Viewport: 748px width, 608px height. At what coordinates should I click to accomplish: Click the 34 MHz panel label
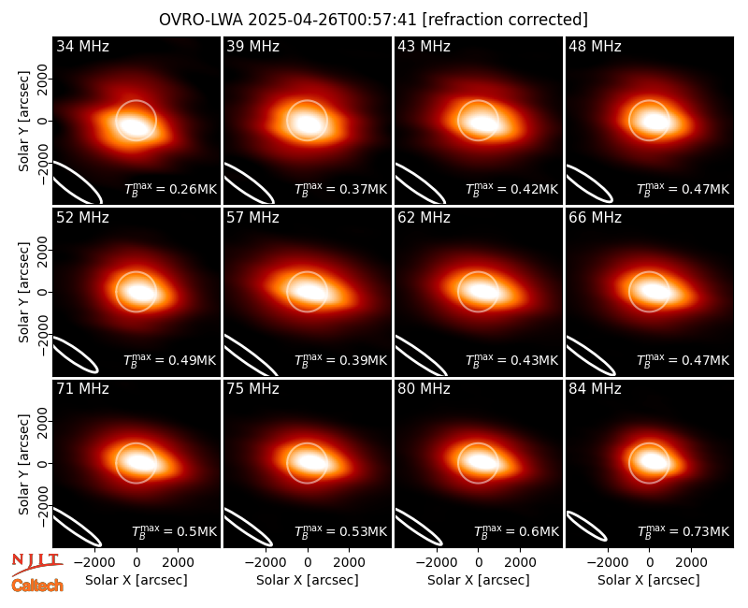point(82,46)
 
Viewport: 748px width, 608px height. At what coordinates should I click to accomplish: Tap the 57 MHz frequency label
point(252,218)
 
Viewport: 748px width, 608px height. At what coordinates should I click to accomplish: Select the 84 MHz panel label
point(595,389)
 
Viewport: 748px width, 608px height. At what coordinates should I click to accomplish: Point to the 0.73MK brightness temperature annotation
point(683,530)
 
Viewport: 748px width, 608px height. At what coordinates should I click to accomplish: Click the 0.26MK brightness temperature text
point(170,189)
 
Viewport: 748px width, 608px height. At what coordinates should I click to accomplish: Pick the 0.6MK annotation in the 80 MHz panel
point(516,530)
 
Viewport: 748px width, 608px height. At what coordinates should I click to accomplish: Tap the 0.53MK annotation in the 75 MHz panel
point(340,530)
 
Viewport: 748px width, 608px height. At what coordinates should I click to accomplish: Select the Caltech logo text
point(37,586)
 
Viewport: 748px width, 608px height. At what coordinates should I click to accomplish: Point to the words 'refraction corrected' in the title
point(505,20)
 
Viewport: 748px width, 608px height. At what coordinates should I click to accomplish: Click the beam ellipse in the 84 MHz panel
point(587,526)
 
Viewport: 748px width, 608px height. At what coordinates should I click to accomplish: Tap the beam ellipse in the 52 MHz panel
point(77,355)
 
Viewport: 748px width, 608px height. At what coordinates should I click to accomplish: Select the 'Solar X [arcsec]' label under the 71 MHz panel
point(137,580)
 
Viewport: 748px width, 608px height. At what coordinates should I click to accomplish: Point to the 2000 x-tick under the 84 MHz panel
point(691,563)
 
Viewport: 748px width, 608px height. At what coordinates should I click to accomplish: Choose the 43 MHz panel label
point(424,46)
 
